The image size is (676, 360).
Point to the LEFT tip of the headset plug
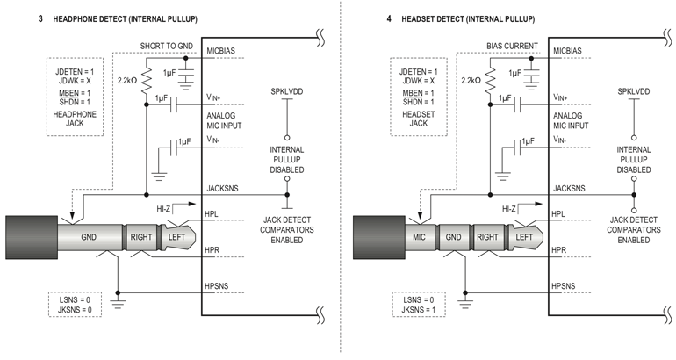[x=524, y=237]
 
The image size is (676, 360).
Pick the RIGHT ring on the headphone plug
[x=141, y=237]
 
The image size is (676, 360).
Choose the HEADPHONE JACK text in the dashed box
[x=75, y=120]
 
